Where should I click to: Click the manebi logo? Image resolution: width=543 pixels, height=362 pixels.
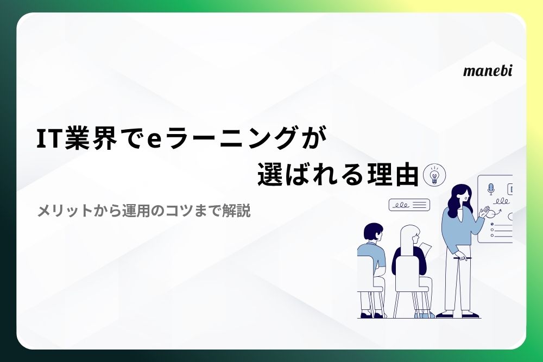click(487, 71)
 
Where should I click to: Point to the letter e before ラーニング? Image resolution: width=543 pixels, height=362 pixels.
click(154, 140)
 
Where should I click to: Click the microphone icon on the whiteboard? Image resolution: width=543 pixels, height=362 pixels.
click(490, 189)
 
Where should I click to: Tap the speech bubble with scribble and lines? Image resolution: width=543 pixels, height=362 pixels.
click(409, 205)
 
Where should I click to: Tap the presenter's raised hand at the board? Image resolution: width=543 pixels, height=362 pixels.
click(484, 212)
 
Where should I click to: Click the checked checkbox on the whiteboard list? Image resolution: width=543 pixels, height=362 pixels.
click(492, 224)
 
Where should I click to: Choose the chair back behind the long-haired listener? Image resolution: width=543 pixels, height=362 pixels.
click(409, 273)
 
